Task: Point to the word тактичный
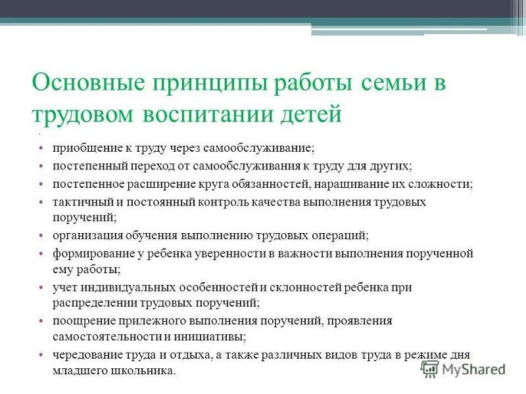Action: (x=77, y=202)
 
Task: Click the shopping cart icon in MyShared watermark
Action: (x=429, y=370)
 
